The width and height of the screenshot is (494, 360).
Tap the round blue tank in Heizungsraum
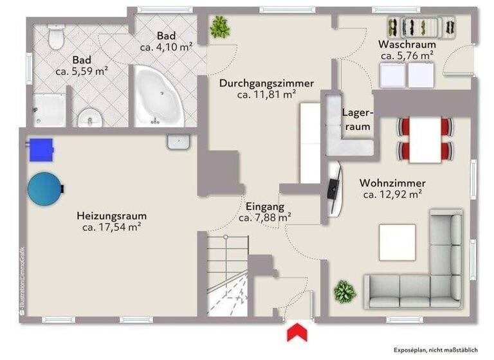[x=46, y=187]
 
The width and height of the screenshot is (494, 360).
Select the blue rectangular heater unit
[x=41, y=149]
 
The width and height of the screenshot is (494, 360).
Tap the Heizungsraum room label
[x=112, y=215]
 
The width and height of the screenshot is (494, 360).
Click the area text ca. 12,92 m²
[x=392, y=194]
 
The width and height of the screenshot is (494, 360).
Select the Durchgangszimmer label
[x=266, y=84]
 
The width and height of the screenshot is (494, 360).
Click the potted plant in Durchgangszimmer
[x=220, y=27]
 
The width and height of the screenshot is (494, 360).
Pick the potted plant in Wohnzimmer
[x=345, y=292]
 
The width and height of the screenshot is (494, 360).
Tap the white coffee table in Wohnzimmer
[x=397, y=242]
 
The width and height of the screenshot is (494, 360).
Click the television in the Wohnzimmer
[x=334, y=188]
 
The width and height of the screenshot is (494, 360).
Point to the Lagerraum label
[x=357, y=120]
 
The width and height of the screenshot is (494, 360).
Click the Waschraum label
[x=407, y=45]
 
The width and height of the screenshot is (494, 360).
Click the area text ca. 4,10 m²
[x=167, y=47]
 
